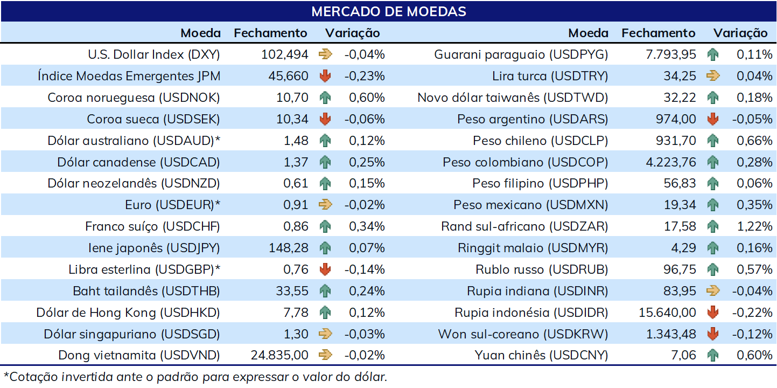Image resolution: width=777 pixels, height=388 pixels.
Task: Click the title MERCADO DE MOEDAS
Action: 389,11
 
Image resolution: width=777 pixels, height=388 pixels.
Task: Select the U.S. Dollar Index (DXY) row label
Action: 153,54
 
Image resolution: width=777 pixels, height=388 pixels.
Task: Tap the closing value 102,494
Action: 284,54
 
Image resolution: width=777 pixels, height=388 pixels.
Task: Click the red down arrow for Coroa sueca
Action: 325,119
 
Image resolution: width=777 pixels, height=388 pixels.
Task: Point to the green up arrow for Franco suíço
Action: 325,226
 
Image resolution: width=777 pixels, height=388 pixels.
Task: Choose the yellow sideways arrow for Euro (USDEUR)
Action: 325,204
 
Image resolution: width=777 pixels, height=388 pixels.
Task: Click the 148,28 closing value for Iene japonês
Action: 288,248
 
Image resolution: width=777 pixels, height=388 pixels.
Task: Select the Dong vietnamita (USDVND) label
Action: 139,355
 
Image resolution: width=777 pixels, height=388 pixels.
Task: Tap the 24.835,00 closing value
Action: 279,355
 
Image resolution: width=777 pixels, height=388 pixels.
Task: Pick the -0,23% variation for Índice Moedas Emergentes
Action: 365,76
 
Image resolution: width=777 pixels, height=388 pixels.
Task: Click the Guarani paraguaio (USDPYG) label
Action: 521,54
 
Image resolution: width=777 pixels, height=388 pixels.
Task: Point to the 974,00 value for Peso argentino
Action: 676,119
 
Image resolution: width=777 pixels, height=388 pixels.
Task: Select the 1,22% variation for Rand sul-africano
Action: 754,226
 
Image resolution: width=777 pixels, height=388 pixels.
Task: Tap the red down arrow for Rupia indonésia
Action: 713,313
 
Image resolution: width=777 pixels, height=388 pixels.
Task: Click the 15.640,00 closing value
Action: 667,313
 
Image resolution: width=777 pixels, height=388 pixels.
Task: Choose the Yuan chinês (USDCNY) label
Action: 541,355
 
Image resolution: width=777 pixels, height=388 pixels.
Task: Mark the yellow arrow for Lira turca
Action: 713,75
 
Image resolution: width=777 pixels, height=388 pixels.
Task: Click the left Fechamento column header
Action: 270,33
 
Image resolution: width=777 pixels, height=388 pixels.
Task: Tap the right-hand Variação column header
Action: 740,33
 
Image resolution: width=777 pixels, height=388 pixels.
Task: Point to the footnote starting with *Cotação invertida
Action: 195,377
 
